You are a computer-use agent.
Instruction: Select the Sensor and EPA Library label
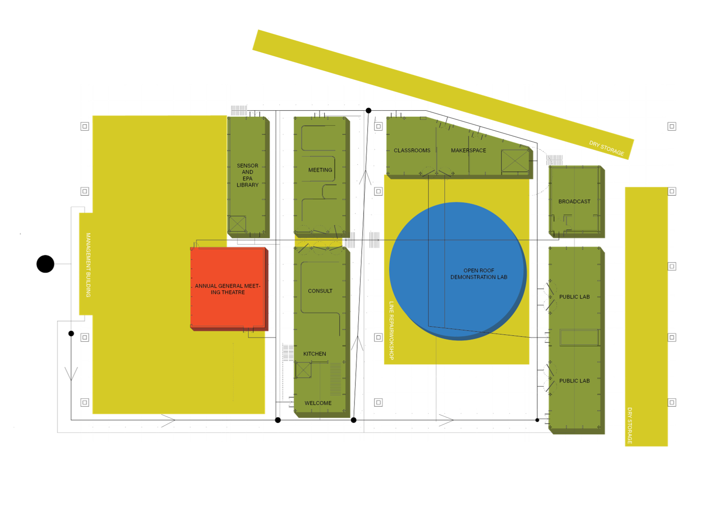pyautogui.click(x=247, y=175)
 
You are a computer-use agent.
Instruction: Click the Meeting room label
pyautogui.click(x=320, y=170)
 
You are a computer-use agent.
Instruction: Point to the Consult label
pyautogui.click(x=320, y=291)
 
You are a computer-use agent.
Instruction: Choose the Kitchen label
pyautogui.click(x=315, y=354)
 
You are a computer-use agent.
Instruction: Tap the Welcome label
pyautogui.click(x=318, y=403)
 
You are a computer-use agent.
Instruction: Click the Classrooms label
pyautogui.click(x=412, y=150)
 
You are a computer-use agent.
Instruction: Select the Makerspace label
pyautogui.click(x=468, y=150)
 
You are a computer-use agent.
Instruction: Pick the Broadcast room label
pyautogui.click(x=574, y=201)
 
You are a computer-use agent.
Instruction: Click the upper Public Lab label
pyautogui.click(x=574, y=297)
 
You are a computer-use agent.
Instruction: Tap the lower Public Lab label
pyautogui.click(x=574, y=381)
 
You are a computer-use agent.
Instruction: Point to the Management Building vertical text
pyautogui.click(x=88, y=265)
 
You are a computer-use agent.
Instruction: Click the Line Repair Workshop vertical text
pyautogui.click(x=391, y=330)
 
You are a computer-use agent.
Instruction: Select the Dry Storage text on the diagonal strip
pyautogui.click(x=606, y=148)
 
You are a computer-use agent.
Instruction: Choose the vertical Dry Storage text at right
pyautogui.click(x=630, y=426)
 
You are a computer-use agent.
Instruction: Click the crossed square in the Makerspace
pyautogui.click(x=515, y=161)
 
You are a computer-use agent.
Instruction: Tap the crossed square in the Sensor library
pyautogui.click(x=237, y=224)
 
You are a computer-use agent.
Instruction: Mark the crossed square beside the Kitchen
pyautogui.click(x=303, y=370)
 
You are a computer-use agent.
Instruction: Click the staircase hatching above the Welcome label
pyautogui.click(x=335, y=379)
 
